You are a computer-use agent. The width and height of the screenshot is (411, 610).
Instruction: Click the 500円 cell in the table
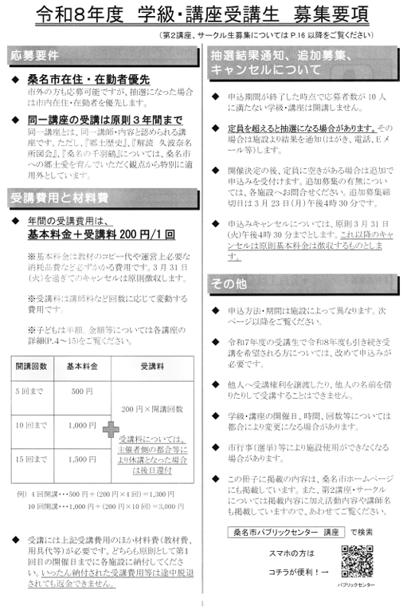coord(82,392)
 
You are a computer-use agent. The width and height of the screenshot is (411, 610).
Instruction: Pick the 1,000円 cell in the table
coord(82,426)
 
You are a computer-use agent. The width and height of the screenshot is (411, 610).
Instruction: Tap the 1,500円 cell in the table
coord(82,459)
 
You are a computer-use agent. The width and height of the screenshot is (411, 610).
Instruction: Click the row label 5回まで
coord(28,392)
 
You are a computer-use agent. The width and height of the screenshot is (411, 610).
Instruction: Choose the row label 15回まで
coord(29,459)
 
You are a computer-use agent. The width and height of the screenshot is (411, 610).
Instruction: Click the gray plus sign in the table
coord(110,431)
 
